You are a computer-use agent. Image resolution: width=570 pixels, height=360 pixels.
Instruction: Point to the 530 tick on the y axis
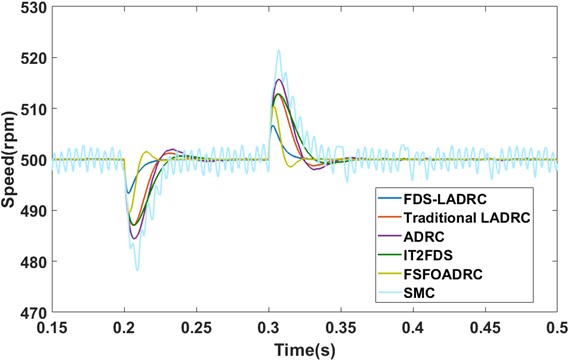click(x=36, y=9)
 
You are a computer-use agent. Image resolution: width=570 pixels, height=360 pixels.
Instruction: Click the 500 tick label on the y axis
click(x=36, y=160)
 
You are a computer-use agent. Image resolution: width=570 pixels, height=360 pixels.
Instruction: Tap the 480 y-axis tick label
click(x=36, y=261)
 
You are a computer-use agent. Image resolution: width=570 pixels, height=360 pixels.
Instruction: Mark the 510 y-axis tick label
click(x=36, y=110)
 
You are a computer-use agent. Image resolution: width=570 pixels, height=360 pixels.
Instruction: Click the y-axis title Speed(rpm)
click(x=11, y=160)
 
